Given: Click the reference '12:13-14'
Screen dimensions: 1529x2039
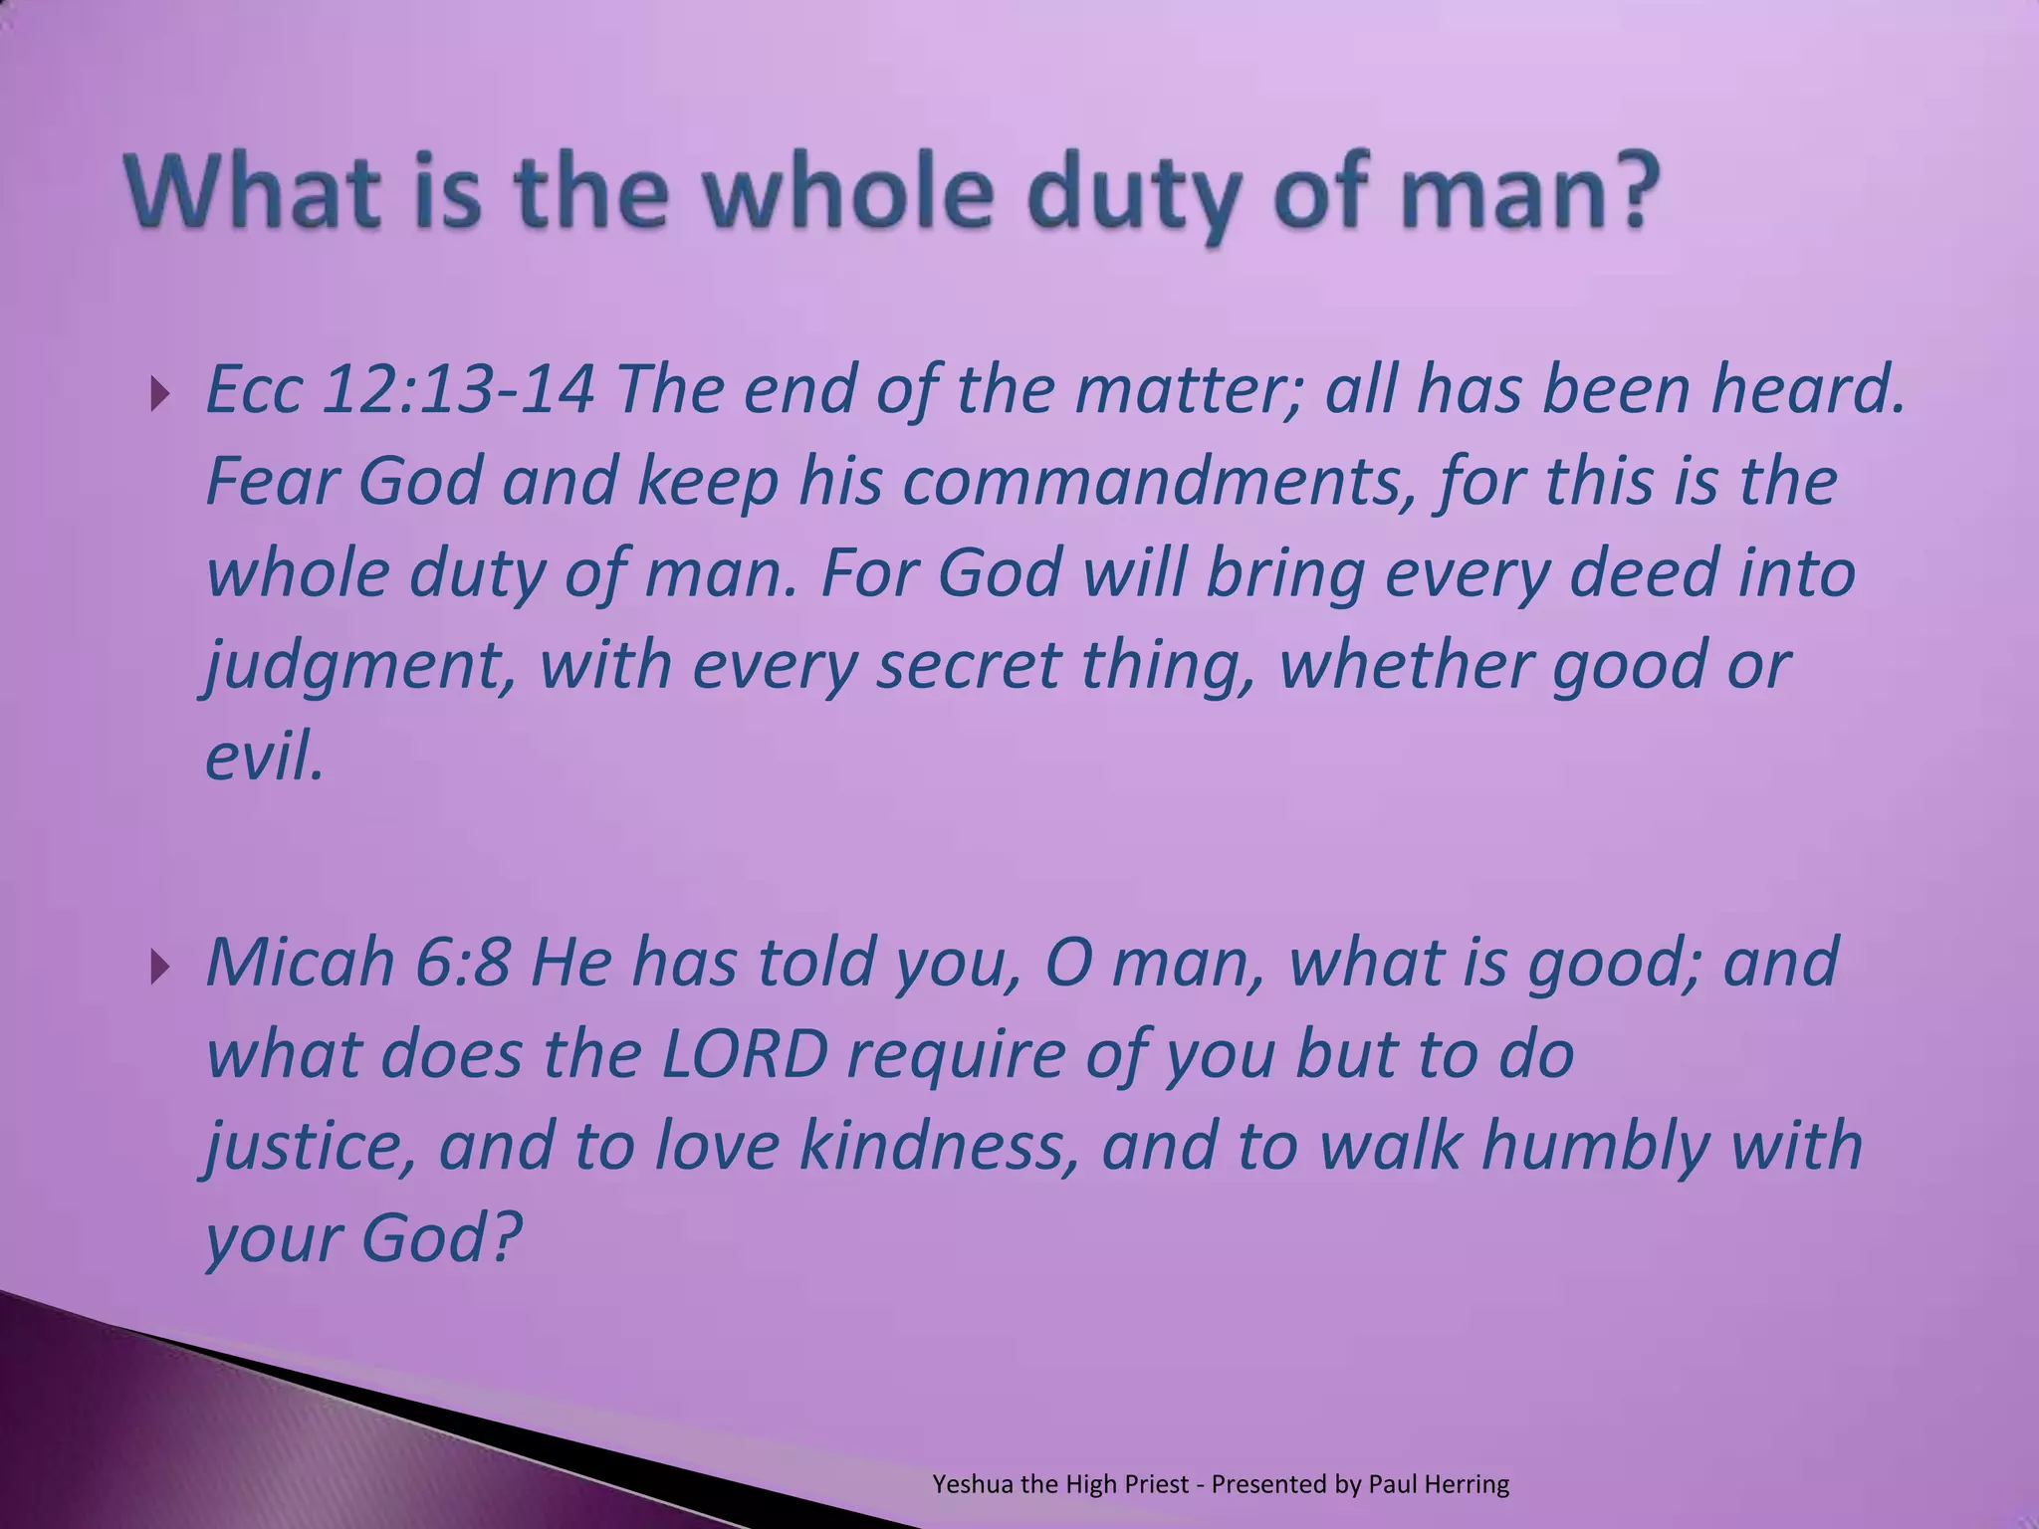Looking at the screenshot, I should pyautogui.click(x=459, y=390).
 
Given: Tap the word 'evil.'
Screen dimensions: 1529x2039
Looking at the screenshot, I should pyautogui.click(x=264, y=757).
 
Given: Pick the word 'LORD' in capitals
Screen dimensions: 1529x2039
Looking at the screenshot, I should pyautogui.click(x=745, y=1055).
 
